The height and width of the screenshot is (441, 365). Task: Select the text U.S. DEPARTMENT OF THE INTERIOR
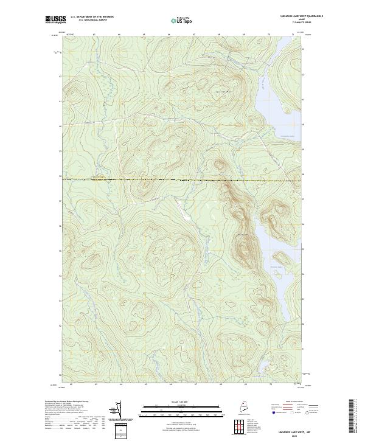[x=93, y=18]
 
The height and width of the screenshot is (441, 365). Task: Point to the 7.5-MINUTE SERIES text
[x=285, y=24]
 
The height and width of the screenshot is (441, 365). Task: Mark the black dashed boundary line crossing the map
[x=182, y=179]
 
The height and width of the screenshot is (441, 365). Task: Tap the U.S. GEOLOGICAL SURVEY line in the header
[x=93, y=21]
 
